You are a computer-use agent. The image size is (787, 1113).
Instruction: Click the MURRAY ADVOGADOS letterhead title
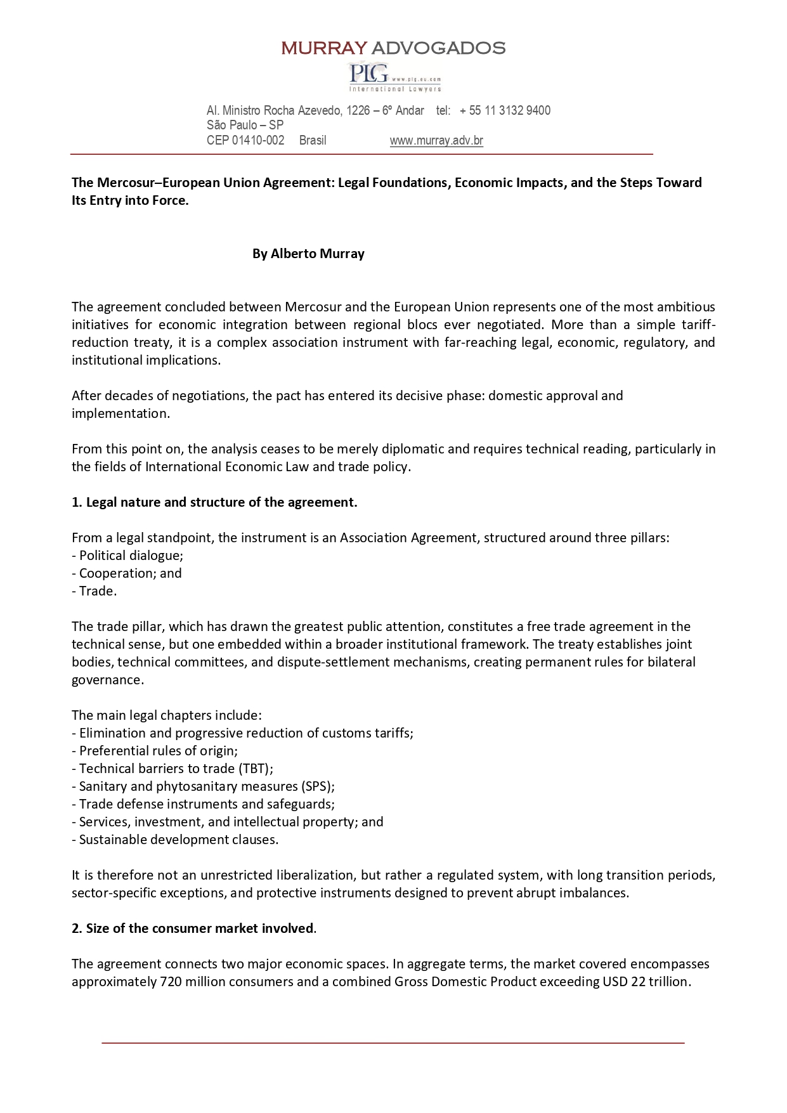[393, 48]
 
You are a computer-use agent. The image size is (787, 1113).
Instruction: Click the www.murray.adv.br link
[436, 141]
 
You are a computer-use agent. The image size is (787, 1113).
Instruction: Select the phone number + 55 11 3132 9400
[505, 111]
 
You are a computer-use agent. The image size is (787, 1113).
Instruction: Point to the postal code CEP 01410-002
[245, 141]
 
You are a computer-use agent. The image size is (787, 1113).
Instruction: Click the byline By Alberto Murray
[308, 254]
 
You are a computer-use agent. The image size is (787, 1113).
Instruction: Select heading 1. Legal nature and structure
[214, 502]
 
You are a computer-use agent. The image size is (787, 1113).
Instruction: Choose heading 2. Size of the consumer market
[193, 928]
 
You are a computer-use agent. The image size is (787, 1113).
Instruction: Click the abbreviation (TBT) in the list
[256, 769]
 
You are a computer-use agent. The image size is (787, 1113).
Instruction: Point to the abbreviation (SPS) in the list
[316, 786]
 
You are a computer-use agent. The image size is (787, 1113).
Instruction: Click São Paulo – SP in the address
[245, 126]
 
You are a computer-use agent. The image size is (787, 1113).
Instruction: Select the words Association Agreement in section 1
[408, 538]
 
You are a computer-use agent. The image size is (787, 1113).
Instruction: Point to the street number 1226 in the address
[358, 111]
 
